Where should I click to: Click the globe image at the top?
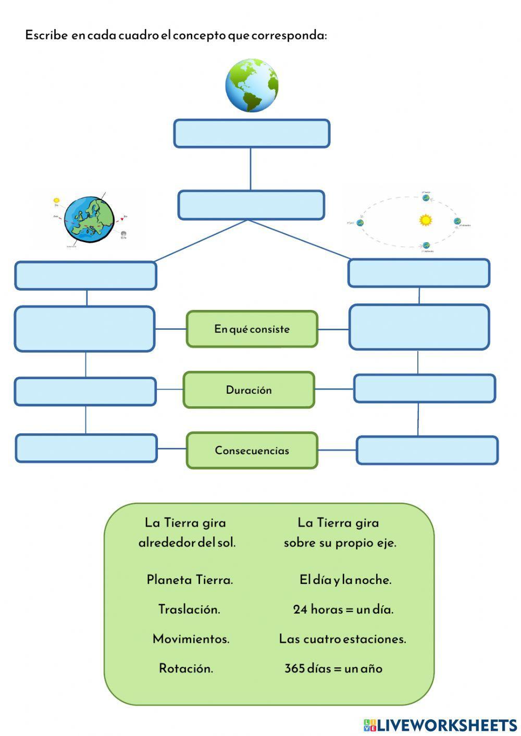click(x=252, y=85)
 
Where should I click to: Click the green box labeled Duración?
click(x=249, y=390)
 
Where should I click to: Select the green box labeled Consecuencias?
click(x=252, y=451)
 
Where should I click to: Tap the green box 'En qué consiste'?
click(x=252, y=329)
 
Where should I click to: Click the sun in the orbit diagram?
click(x=426, y=220)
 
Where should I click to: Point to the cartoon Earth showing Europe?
click(x=89, y=219)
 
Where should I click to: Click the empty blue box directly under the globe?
click(x=252, y=133)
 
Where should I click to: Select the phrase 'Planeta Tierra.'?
click(x=190, y=580)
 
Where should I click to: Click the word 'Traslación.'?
click(x=189, y=609)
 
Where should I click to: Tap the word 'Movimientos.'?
click(x=191, y=639)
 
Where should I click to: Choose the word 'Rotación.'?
click(x=186, y=669)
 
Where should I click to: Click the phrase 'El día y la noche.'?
click(x=345, y=580)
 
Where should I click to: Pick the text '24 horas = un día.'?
click(x=343, y=609)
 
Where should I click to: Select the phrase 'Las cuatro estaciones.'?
click(x=342, y=639)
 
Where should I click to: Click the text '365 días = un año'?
click(x=333, y=669)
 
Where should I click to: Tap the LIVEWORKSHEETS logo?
click(x=440, y=725)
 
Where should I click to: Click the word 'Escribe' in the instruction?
click(x=46, y=35)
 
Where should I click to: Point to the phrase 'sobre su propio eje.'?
click(x=340, y=543)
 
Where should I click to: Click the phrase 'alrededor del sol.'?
click(x=187, y=543)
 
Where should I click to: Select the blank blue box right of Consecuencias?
click(x=427, y=450)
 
